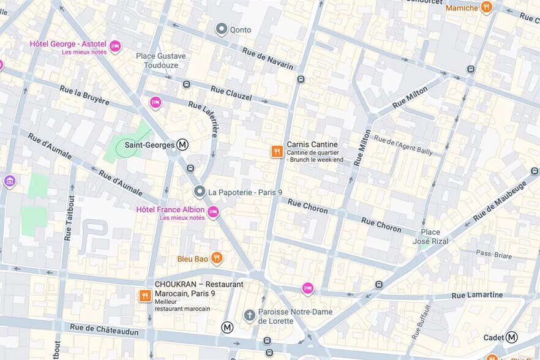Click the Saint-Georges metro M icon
(182, 145)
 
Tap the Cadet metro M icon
(511, 337)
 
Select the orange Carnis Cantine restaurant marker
(277, 151)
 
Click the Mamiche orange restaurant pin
(487, 7)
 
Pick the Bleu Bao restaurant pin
(216, 258)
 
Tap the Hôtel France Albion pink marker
(213, 212)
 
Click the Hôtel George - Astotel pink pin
(115, 47)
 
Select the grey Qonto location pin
(222, 29)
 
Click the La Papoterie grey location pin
(199, 192)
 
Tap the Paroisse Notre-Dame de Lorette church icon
(249, 315)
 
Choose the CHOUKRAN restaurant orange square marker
(145, 296)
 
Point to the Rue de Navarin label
(268, 58)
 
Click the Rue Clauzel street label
(231, 93)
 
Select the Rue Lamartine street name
(477, 295)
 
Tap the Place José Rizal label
(435, 236)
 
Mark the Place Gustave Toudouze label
(161, 60)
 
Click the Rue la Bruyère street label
(84, 95)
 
